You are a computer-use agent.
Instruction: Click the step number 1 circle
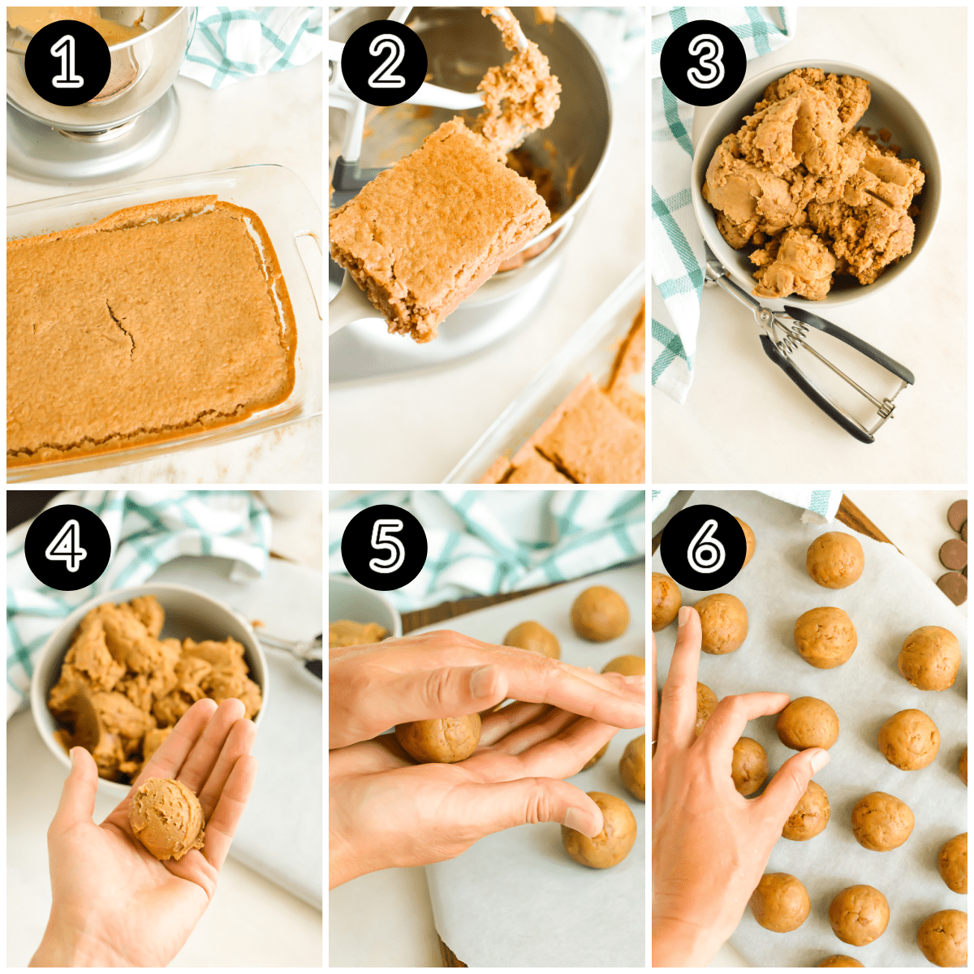tap(67, 62)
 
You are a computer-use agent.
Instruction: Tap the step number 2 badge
tap(384, 62)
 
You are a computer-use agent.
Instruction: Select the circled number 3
tap(703, 62)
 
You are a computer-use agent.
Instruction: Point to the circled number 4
tap(67, 548)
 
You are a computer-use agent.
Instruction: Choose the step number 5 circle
tap(384, 548)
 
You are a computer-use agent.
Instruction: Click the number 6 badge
tap(703, 548)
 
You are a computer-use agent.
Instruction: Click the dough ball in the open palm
tap(167, 817)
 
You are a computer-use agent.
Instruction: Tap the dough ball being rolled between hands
tap(438, 737)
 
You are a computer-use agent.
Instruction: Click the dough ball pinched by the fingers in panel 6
tap(806, 722)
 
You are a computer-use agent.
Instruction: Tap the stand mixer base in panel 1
tap(93, 142)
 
